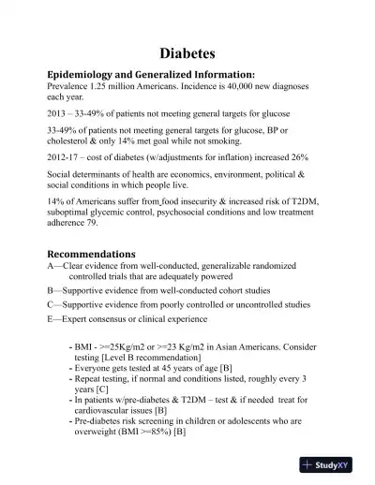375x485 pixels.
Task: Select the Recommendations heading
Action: point(91,254)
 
